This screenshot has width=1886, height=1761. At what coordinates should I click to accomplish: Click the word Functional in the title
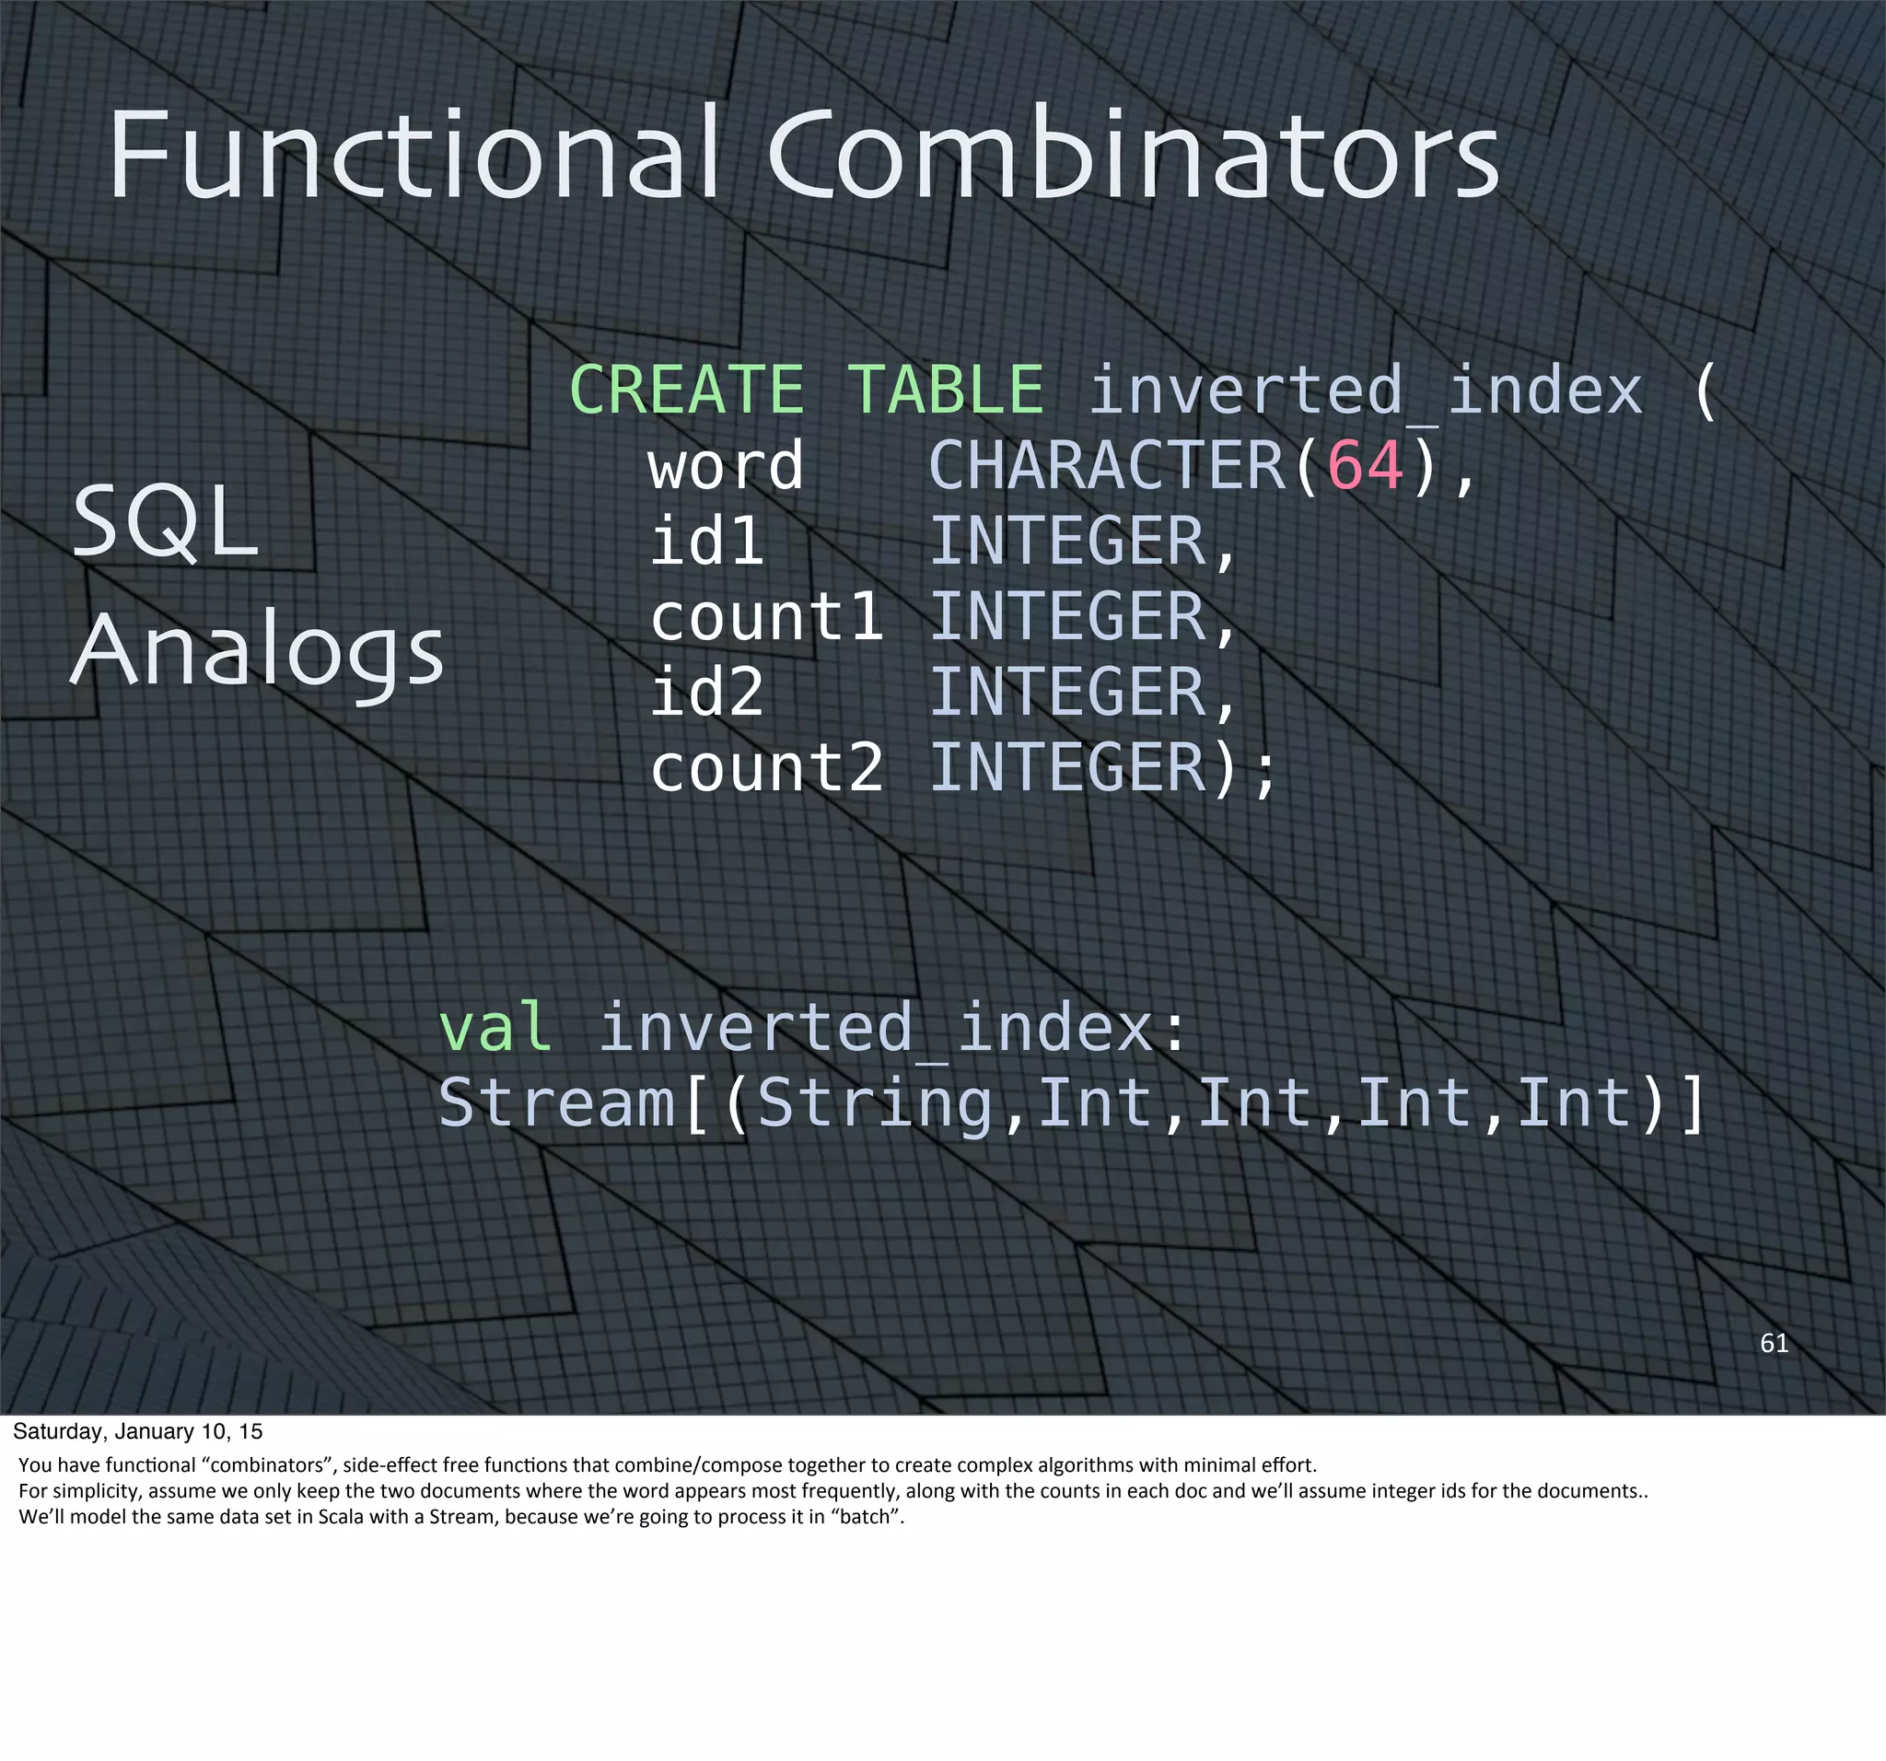[x=413, y=154]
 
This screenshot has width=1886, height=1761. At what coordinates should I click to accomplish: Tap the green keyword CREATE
[x=686, y=390]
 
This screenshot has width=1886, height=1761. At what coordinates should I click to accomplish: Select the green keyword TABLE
[x=945, y=390]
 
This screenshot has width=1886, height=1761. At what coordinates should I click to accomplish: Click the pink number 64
[x=1364, y=466]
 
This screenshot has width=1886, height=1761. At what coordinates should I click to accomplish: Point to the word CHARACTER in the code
[x=1106, y=466]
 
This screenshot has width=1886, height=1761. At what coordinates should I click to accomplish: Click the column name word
[x=726, y=466]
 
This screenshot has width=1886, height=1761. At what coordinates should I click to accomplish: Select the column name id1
[x=706, y=541]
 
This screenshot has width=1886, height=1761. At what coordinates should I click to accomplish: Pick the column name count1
[x=766, y=617]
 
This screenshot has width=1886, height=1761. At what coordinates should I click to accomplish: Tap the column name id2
[x=706, y=692]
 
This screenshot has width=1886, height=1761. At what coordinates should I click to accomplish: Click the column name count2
[x=766, y=767]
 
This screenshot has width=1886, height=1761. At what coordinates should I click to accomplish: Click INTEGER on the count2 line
[x=1068, y=767]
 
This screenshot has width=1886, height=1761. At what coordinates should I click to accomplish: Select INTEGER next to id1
[x=1068, y=541]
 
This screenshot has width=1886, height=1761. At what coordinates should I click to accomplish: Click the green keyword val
[x=495, y=1027]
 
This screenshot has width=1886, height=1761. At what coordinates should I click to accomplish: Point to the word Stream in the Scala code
[x=556, y=1102]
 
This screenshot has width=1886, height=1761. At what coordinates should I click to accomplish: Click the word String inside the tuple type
[x=874, y=1102]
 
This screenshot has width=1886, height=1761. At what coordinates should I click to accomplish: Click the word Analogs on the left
[x=257, y=651]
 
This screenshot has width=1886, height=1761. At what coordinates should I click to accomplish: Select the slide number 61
[x=1773, y=1343]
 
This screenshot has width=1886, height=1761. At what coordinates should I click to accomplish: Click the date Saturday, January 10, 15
[x=137, y=1431]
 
